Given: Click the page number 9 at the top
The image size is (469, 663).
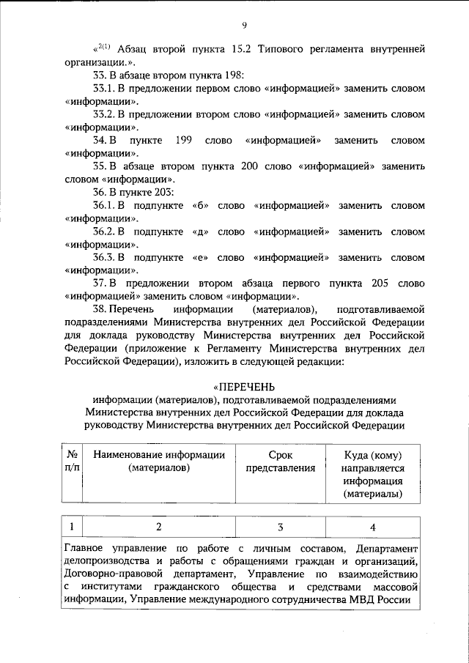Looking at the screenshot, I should click(243, 26).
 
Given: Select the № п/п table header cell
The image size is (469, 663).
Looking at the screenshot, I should click(73, 462).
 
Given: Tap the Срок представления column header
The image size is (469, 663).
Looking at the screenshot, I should click(280, 462).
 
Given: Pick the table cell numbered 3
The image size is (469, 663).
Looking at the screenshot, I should click(280, 527).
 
